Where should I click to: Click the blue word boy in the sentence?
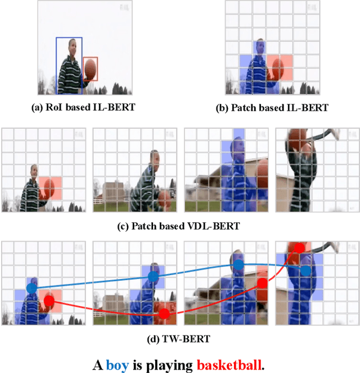pyautogui.click(x=118, y=365)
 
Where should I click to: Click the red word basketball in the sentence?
pyautogui.click(x=229, y=364)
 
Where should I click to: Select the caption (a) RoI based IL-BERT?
pyautogui.click(x=83, y=107)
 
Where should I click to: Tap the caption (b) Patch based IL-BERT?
pyautogui.click(x=272, y=108)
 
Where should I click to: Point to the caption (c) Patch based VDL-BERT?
pyautogui.click(x=178, y=226)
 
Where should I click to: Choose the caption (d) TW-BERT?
pyautogui.click(x=178, y=339)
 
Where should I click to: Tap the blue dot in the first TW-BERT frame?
pyautogui.click(x=32, y=288)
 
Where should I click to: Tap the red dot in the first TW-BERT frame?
pyautogui.click(x=49, y=301)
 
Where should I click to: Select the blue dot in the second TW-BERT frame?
pyautogui.click(x=154, y=276)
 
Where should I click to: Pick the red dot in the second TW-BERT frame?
pyautogui.click(x=164, y=314)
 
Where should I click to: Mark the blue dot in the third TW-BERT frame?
pyautogui.click(x=238, y=265)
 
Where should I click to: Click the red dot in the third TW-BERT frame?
pyautogui.click(x=263, y=283)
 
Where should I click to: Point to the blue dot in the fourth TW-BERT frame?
pyautogui.click(x=306, y=271)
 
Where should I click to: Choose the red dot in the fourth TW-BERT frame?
pyautogui.click(x=300, y=248)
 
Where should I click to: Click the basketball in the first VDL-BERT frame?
pyautogui.click(x=49, y=188)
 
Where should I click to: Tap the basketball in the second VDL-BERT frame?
pyautogui.click(x=164, y=199)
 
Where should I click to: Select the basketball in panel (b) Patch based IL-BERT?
pyautogui.click(x=278, y=69)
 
